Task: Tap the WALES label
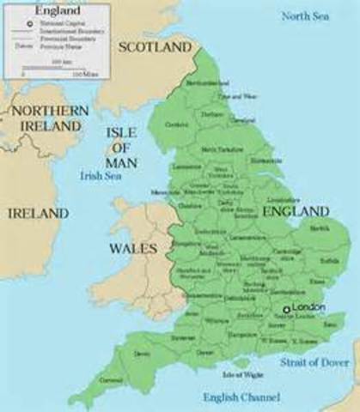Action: [x=133, y=248]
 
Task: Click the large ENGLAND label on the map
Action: [x=295, y=210]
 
